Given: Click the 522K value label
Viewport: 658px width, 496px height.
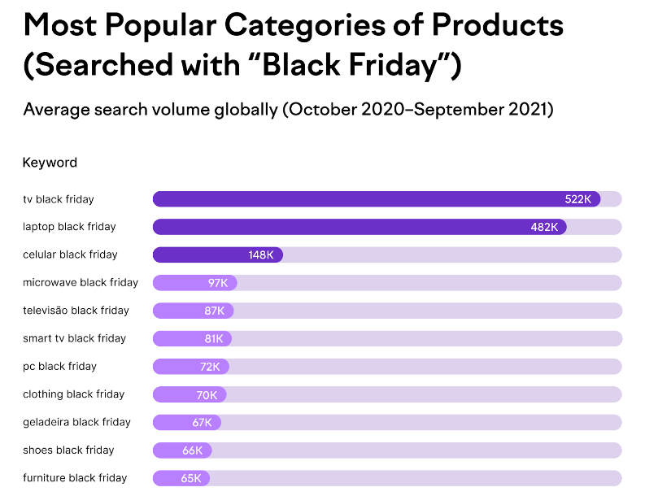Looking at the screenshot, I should pos(578,199).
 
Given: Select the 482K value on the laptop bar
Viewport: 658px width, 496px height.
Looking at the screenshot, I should pos(544,227).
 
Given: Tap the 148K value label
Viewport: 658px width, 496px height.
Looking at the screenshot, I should pos(261,255).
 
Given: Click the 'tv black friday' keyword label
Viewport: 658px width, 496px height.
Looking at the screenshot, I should pos(59,199).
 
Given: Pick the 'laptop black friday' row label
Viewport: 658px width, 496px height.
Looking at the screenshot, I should pos(69,227).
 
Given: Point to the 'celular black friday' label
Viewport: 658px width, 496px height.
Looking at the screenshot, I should pos(70,255).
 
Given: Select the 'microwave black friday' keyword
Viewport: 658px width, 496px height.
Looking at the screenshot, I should pos(81,282).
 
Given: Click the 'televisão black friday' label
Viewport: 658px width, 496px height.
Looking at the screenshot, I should pos(76,311).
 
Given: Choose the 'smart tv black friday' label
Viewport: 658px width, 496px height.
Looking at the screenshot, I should pos(74,338).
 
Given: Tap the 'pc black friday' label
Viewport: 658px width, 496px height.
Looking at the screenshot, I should pos(59,366).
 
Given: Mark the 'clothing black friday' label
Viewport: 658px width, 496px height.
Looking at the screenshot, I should pos(73,394).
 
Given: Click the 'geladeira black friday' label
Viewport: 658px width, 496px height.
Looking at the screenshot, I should pos(76,422).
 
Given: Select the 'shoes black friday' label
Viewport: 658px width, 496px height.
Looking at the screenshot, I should pos(68,450).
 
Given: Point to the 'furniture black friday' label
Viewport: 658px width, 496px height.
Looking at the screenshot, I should pos(75,478).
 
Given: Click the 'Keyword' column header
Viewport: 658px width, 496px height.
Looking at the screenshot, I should pos(50,163).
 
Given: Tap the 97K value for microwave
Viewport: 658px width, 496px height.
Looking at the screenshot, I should pos(218,283).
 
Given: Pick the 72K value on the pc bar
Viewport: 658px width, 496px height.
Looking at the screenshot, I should pos(210,367).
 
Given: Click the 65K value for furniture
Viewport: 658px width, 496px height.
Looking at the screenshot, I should pos(191,478).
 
